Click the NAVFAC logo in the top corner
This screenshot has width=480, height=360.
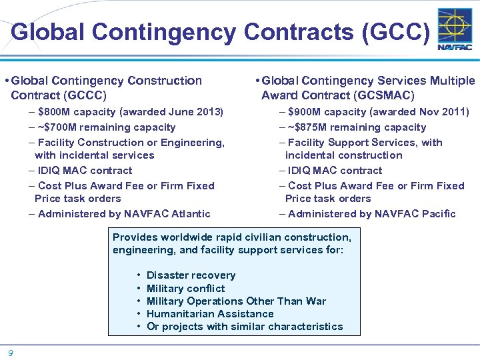pos(455,29)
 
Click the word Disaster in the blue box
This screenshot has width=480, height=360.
pos(167,275)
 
